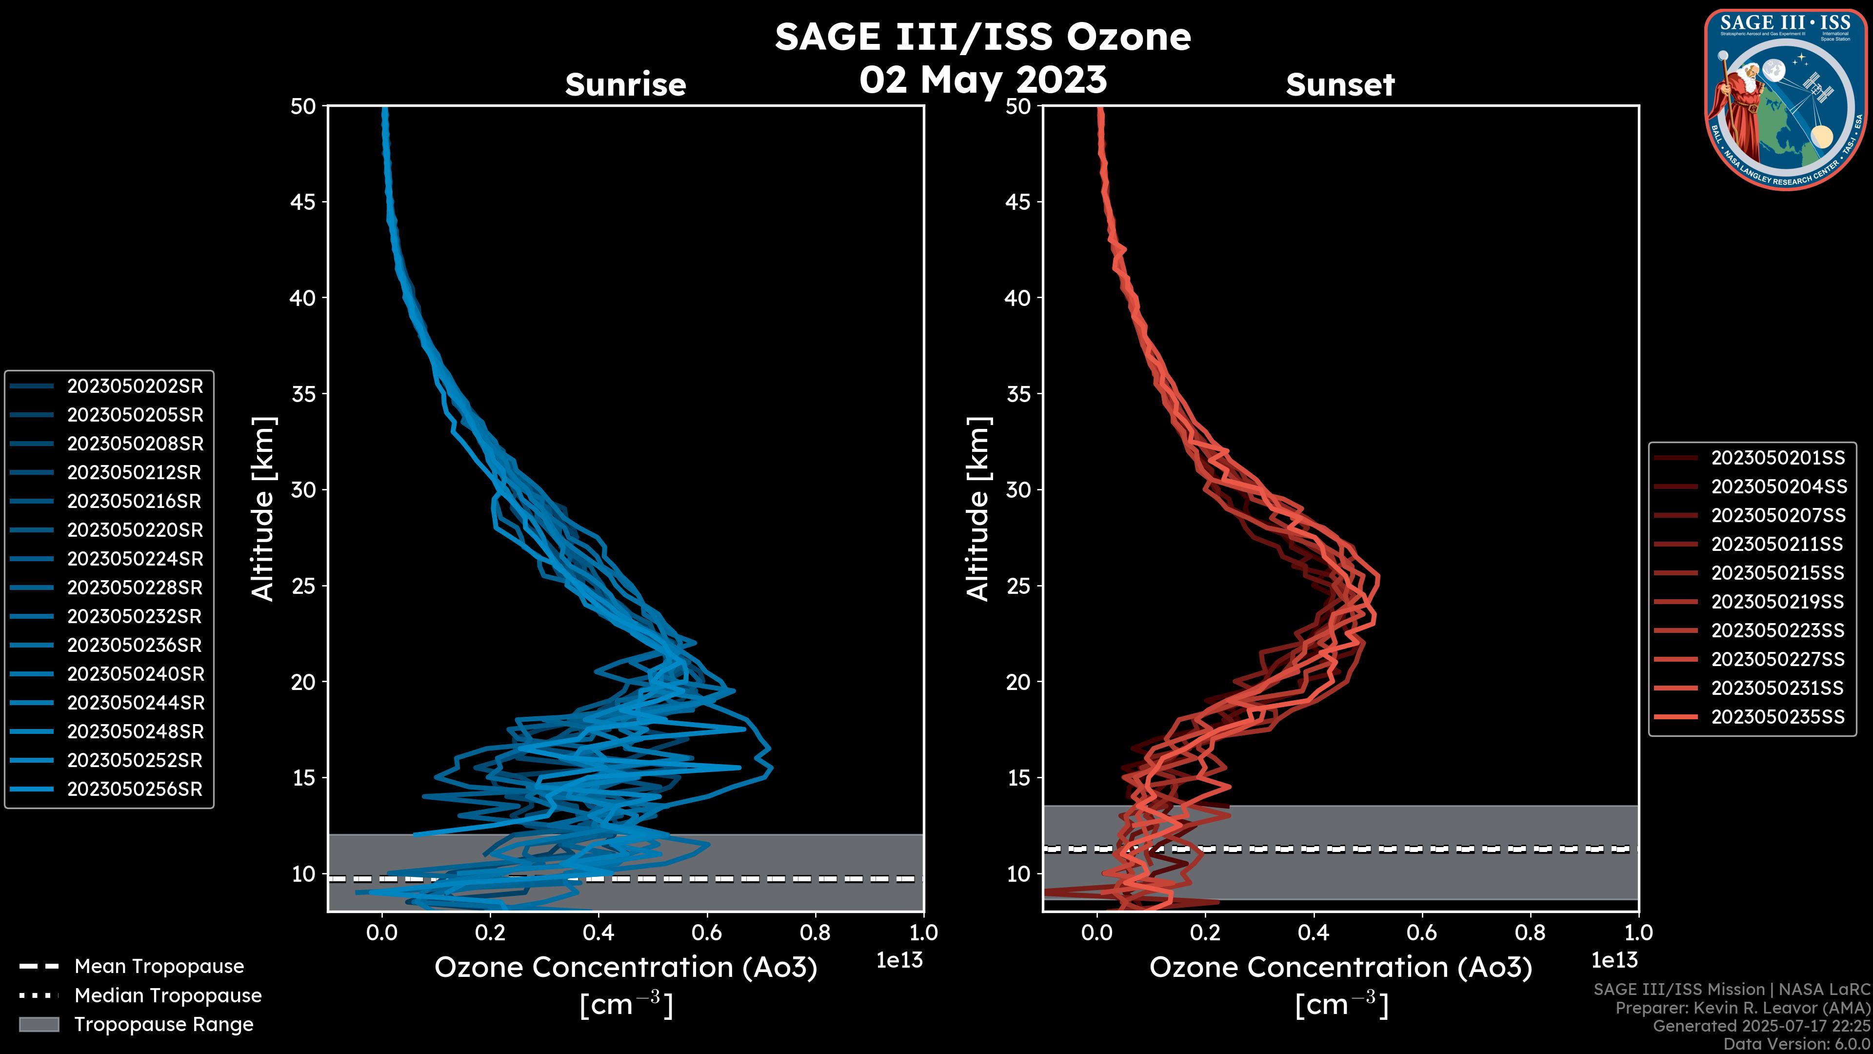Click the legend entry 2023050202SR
tap(135, 386)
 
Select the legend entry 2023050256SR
tap(135, 789)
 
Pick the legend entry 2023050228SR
tap(135, 588)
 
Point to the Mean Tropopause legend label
tap(159, 966)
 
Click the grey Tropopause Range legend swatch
tap(39, 1024)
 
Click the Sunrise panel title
tap(625, 85)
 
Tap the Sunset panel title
tap(1340, 85)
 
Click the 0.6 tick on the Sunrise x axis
tap(707, 932)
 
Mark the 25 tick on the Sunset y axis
tap(1018, 586)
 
